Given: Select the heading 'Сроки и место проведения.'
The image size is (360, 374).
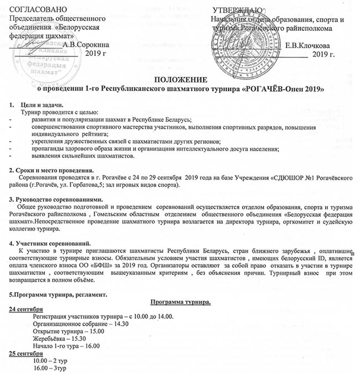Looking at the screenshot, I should tap(53, 170).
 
